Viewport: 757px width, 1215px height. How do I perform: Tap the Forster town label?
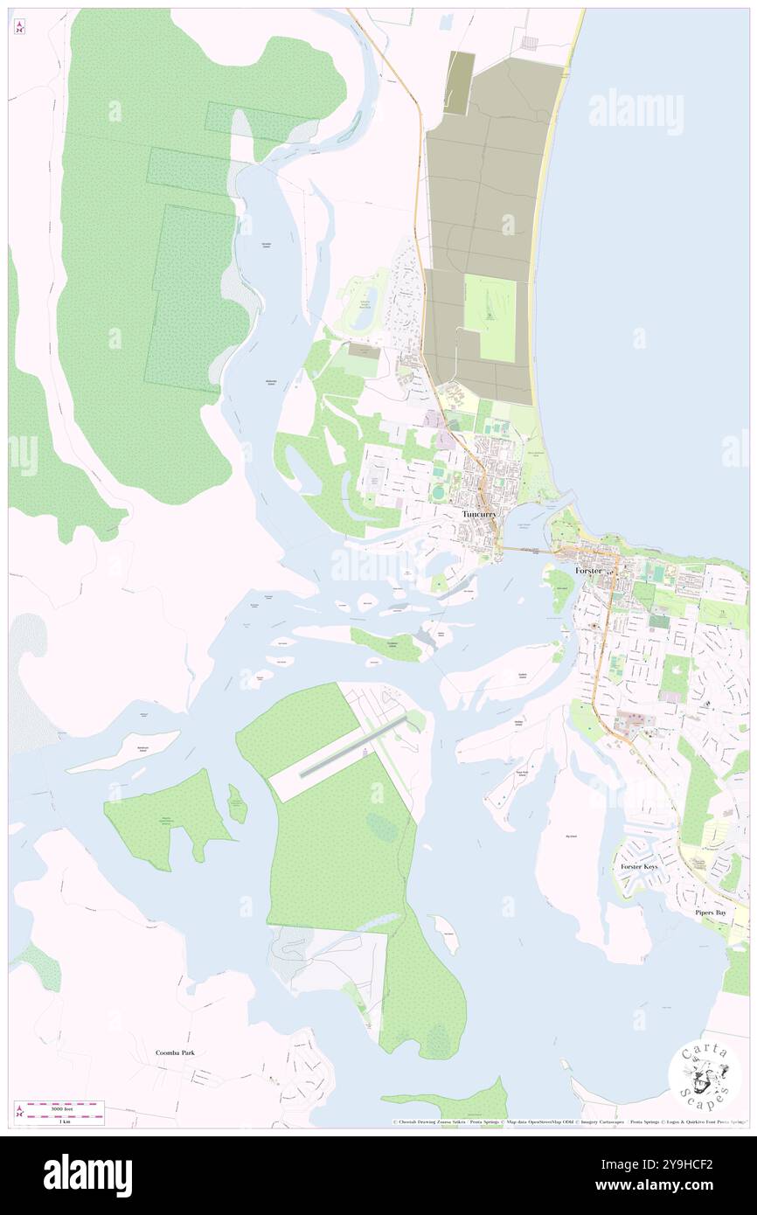pos(588,570)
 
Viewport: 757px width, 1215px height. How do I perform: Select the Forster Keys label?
pos(639,866)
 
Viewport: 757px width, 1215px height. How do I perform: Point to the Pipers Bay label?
pos(710,913)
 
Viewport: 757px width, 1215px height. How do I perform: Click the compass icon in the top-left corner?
pos(19,28)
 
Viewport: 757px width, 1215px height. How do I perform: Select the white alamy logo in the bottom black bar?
pos(87,1175)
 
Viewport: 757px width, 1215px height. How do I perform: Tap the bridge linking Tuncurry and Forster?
pos(526,551)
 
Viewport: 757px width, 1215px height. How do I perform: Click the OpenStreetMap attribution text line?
pos(568,1121)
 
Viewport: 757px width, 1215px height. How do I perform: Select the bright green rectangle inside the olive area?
pos(490,318)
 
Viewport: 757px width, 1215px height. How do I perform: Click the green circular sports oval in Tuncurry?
pos(438,493)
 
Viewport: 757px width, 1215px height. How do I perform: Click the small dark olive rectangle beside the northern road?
pos(459,82)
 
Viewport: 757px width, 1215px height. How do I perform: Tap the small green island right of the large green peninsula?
pos(237,803)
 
